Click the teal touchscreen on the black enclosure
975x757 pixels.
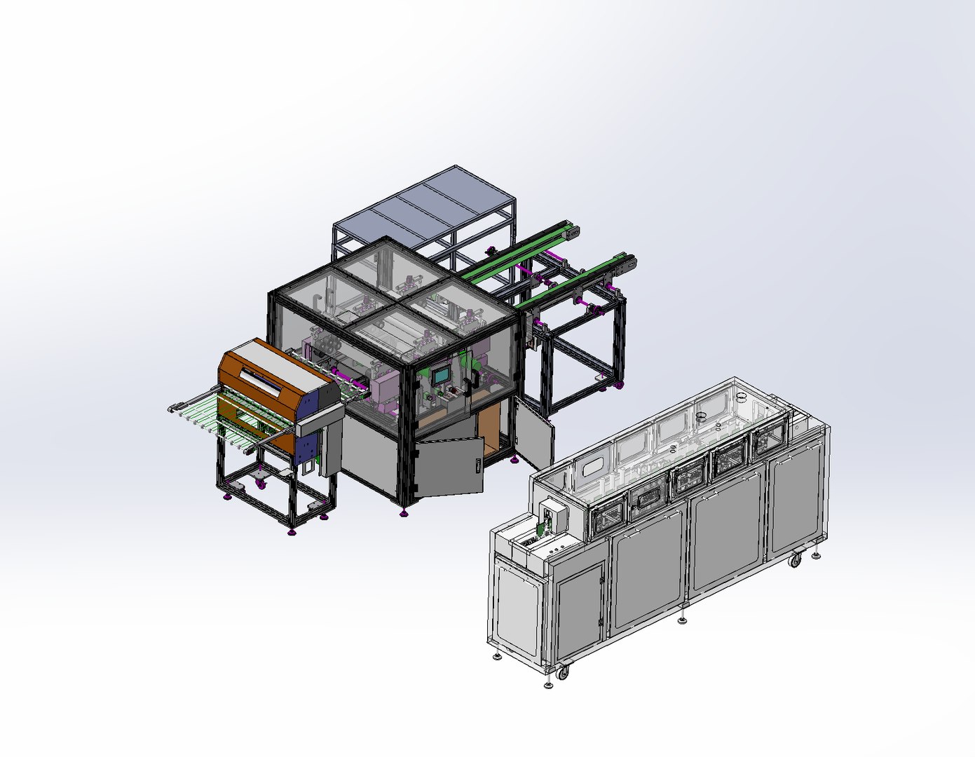(441, 376)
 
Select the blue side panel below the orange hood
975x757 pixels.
(307, 448)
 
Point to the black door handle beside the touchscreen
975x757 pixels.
(476, 379)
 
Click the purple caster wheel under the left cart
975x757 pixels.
(261, 482)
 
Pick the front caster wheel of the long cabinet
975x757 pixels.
(562, 673)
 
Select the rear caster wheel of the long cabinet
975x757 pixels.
(795, 560)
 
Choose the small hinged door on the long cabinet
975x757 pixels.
(579, 603)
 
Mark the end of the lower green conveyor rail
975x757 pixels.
(628, 261)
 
